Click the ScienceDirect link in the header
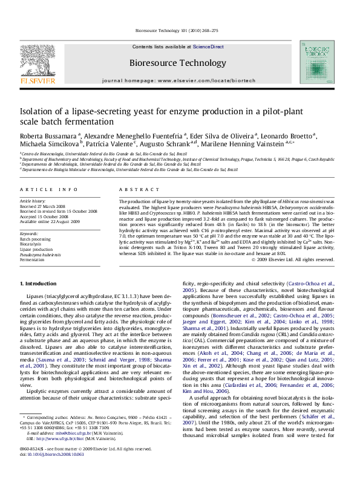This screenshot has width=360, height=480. [x=208, y=47]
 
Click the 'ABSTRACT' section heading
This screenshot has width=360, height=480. [x=134, y=189]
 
